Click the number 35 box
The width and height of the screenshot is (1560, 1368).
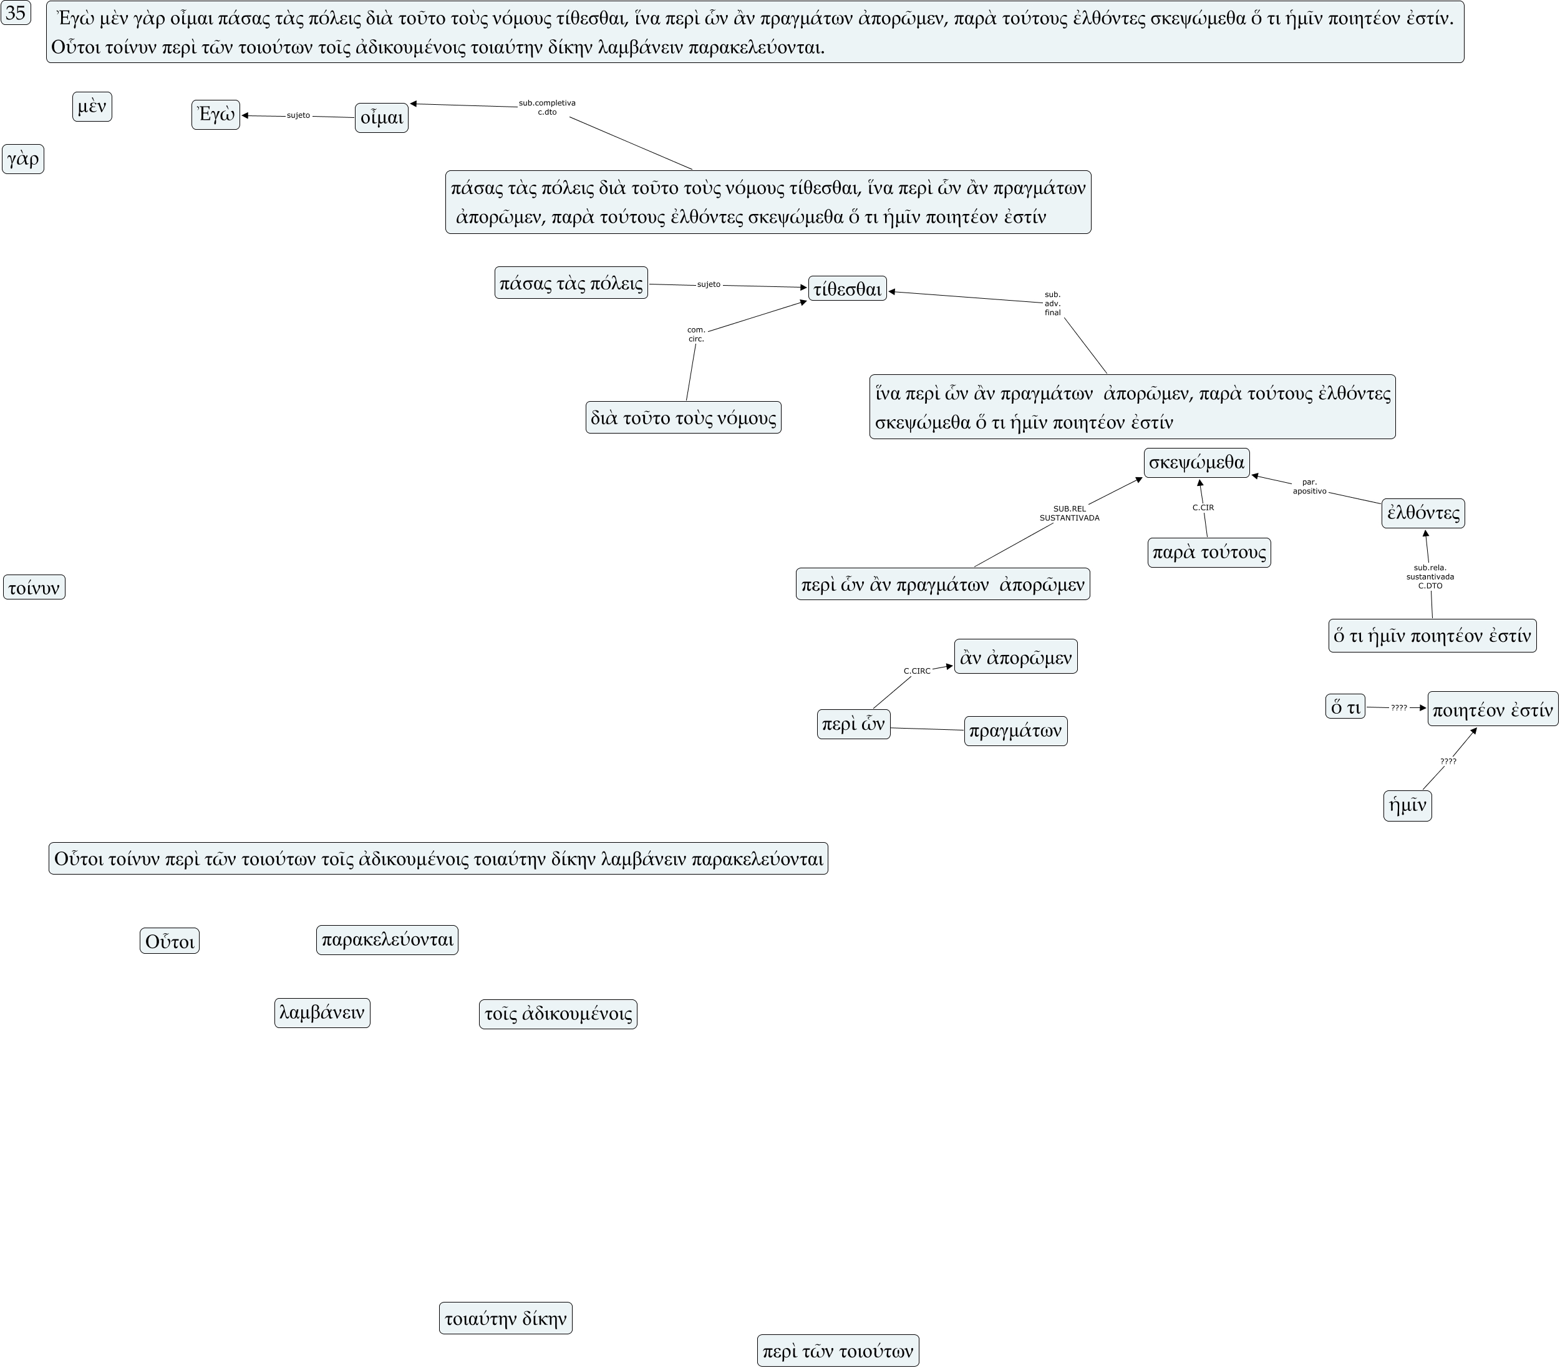pos(15,13)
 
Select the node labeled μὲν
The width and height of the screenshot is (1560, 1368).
pos(92,106)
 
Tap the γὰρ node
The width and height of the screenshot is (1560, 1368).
pos(23,159)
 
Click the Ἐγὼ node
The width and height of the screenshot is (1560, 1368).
pos(215,115)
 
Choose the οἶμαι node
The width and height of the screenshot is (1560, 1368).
pos(381,117)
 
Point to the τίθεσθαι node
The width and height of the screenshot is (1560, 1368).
pos(847,289)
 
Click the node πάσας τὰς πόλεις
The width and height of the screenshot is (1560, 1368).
pos(571,283)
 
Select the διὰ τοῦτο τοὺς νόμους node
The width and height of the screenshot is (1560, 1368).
pos(683,417)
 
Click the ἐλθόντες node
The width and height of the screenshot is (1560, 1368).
pos(1423,512)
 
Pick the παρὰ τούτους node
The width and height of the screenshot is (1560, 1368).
pos(1209,552)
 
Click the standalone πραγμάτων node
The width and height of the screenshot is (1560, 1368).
pos(1015,730)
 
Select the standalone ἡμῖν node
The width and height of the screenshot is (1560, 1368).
pos(1407,805)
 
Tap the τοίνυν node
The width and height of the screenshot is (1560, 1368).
pos(34,587)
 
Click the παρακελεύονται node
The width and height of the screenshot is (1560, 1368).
pos(387,939)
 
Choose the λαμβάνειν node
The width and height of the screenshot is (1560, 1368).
pos(322,1012)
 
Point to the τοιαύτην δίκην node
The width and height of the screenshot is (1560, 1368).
pos(505,1317)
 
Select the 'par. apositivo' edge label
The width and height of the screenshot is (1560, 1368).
pos(1309,487)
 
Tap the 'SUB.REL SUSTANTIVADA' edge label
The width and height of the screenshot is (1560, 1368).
pos(1068,513)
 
